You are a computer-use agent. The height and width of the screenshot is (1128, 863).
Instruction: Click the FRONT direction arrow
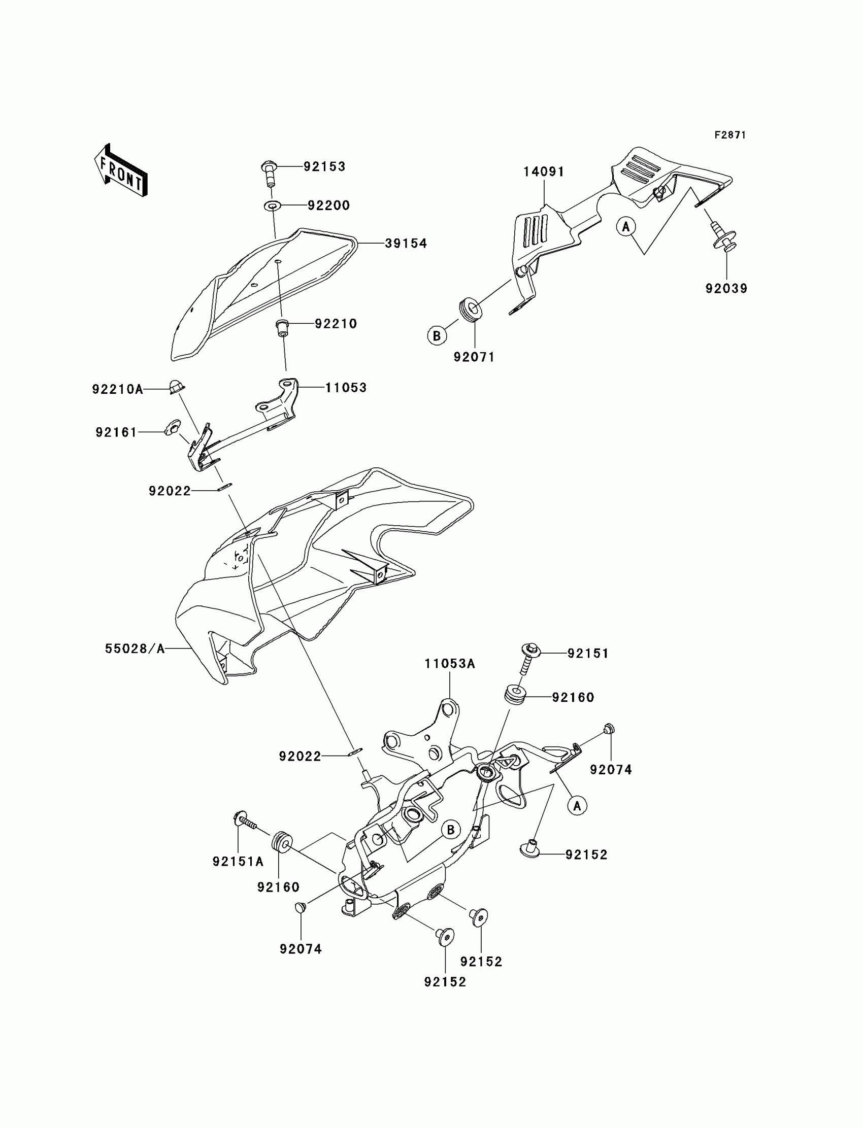click(x=121, y=171)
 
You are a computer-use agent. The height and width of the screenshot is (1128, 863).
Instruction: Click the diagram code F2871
click(x=729, y=135)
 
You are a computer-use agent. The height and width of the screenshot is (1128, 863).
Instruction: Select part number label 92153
click(x=324, y=166)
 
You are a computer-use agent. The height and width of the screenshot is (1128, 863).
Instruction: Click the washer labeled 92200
click(x=272, y=206)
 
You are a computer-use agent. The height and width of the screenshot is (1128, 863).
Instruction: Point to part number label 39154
click(x=406, y=244)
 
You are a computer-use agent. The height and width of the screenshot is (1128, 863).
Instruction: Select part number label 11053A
click(x=449, y=664)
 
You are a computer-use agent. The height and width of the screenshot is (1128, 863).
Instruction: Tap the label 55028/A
click(x=135, y=648)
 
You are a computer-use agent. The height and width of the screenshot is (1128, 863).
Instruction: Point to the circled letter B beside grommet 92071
click(x=437, y=336)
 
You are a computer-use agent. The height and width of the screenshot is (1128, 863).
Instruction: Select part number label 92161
click(x=117, y=432)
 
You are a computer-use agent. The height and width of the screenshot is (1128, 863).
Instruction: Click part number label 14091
click(x=544, y=172)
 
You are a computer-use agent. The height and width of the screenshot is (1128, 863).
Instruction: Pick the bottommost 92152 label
click(x=445, y=982)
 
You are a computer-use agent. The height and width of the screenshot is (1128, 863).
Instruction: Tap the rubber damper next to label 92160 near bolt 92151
click(x=515, y=695)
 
